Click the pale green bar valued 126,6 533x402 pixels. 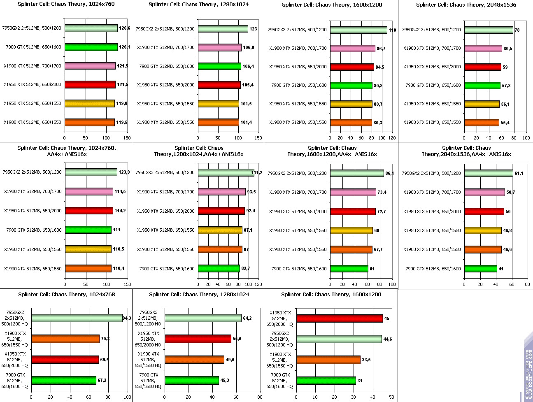[91, 28]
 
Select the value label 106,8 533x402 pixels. [249, 47]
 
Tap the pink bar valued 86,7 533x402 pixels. [352, 49]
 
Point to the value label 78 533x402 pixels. [517, 30]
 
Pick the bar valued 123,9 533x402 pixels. [91, 172]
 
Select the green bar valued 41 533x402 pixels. [481, 269]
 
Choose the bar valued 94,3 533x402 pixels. [77, 318]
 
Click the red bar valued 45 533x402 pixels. [339, 318]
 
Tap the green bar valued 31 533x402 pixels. [326, 381]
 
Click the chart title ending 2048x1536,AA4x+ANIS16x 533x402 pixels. [466, 151]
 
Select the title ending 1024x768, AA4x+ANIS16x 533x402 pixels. [67, 151]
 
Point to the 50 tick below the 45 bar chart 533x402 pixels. [392, 397]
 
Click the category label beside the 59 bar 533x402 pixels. [432, 67]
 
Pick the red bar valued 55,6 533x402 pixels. [198, 339]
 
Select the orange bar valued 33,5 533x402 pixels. [328, 360]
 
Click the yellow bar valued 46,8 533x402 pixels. [483, 230]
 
